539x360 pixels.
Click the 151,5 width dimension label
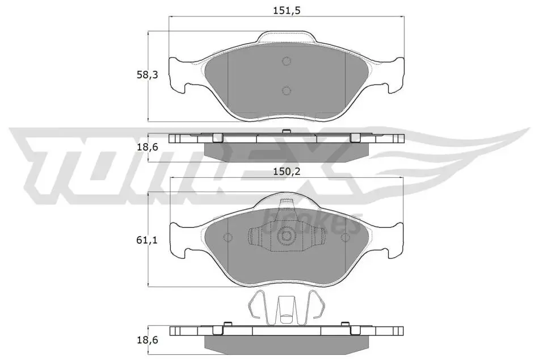pos(287,11)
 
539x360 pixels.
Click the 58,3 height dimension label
pos(147,74)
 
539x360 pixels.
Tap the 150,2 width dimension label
pos(287,171)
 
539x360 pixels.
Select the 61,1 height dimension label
pos(147,241)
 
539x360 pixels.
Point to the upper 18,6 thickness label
pos(147,147)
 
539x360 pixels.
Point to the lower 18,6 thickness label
pos(147,340)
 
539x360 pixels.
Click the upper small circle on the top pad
pos(287,61)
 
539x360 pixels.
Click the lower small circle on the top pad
pos(287,90)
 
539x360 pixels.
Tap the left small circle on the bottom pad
pos(228,237)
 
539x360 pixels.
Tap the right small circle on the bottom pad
pos(345,237)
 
